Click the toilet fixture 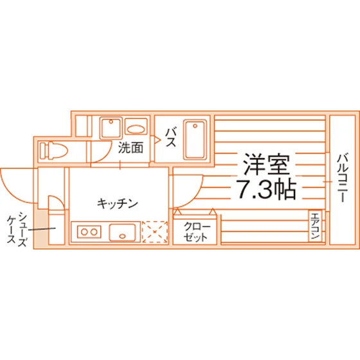pos(54,150)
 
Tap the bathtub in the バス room pos(195,139)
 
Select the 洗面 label pos(130,148)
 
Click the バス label pos(171,138)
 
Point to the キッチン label pos(117,203)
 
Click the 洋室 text pos(266,164)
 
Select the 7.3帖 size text pos(266,190)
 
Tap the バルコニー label pos(342,178)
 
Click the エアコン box pos(315,226)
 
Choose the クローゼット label pos(195,231)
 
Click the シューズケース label pos(17,229)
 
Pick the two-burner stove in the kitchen pos(89,232)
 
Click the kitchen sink pos(122,232)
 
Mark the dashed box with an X pos(155,232)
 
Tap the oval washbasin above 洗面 pos(136,129)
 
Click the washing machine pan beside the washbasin pos(111,128)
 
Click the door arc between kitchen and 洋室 pos(195,198)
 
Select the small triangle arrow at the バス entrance pos(157,140)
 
